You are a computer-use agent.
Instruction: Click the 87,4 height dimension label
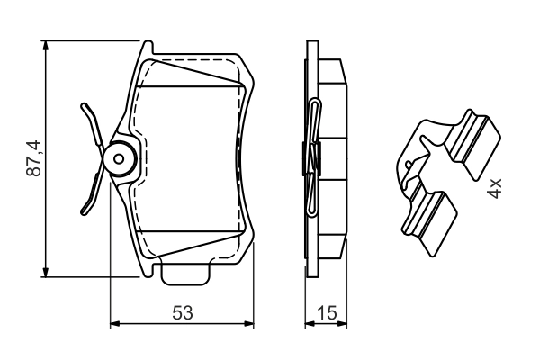(33, 157)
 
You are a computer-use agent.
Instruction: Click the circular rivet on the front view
(118, 159)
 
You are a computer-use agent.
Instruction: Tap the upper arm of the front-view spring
(92, 122)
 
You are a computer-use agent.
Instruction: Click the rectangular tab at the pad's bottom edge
(185, 272)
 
